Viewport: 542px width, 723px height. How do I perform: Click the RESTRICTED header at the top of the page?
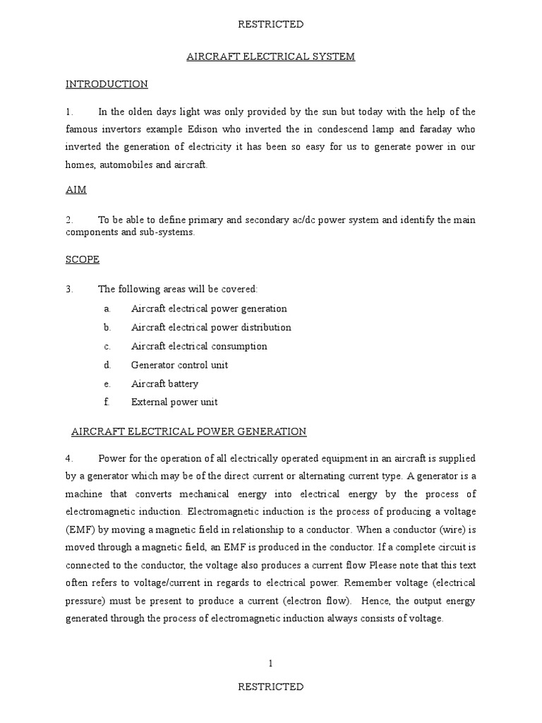click(271, 24)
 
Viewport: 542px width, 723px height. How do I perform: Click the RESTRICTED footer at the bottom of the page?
click(271, 686)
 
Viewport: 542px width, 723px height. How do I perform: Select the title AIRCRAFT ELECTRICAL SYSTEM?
click(271, 56)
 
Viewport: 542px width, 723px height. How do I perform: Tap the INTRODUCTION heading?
click(107, 84)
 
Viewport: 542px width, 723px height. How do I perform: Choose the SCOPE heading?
click(83, 259)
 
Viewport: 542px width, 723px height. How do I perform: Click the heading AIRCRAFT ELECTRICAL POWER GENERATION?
click(189, 431)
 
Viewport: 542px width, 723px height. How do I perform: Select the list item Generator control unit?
click(179, 365)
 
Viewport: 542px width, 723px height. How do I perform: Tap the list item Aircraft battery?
click(164, 383)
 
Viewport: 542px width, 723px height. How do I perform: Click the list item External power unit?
click(174, 402)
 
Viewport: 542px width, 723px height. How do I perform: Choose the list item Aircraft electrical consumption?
click(199, 346)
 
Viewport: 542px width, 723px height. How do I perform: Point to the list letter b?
click(107, 327)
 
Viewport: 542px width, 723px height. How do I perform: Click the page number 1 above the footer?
click(270, 663)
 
